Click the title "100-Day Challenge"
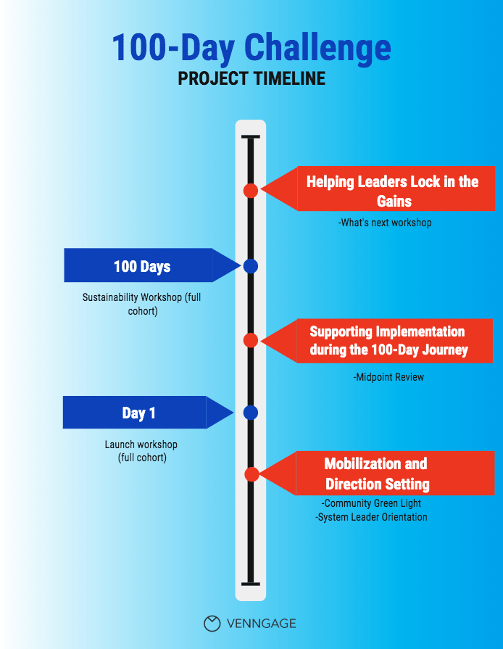(x=251, y=48)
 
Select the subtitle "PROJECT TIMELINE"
(x=251, y=78)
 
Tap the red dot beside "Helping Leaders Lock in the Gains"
(x=251, y=191)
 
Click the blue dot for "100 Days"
(x=251, y=265)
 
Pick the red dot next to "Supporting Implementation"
(x=251, y=340)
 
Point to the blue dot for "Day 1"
(x=251, y=413)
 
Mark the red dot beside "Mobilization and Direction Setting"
(x=251, y=474)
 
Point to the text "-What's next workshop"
(x=385, y=223)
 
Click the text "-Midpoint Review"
(x=388, y=377)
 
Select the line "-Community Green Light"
(x=371, y=503)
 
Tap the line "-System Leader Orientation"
(x=371, y=517)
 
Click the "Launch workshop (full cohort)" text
(x=141, y=451)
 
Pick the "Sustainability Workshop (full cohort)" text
(x=142, y=304)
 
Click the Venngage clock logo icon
(x=212, y=624)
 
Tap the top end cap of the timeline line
(x=251, y=136)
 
